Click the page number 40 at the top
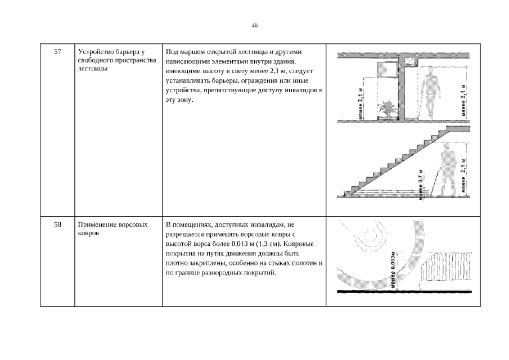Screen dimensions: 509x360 (254, 26)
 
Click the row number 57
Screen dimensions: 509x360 (57, 52)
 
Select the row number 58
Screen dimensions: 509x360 (57, 224)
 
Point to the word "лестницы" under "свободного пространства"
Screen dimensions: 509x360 (92, 69)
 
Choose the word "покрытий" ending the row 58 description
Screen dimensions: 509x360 (260, 273)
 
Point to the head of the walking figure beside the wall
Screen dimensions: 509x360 (430, 71)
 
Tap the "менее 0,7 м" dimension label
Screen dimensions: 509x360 (421, 184)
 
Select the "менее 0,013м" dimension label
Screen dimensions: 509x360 (394, 270)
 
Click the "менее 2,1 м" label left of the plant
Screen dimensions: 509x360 (361, 103)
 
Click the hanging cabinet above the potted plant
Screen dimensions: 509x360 (388, 69)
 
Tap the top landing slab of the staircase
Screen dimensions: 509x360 (458, 129)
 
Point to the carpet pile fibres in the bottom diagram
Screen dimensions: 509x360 (447, 266)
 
